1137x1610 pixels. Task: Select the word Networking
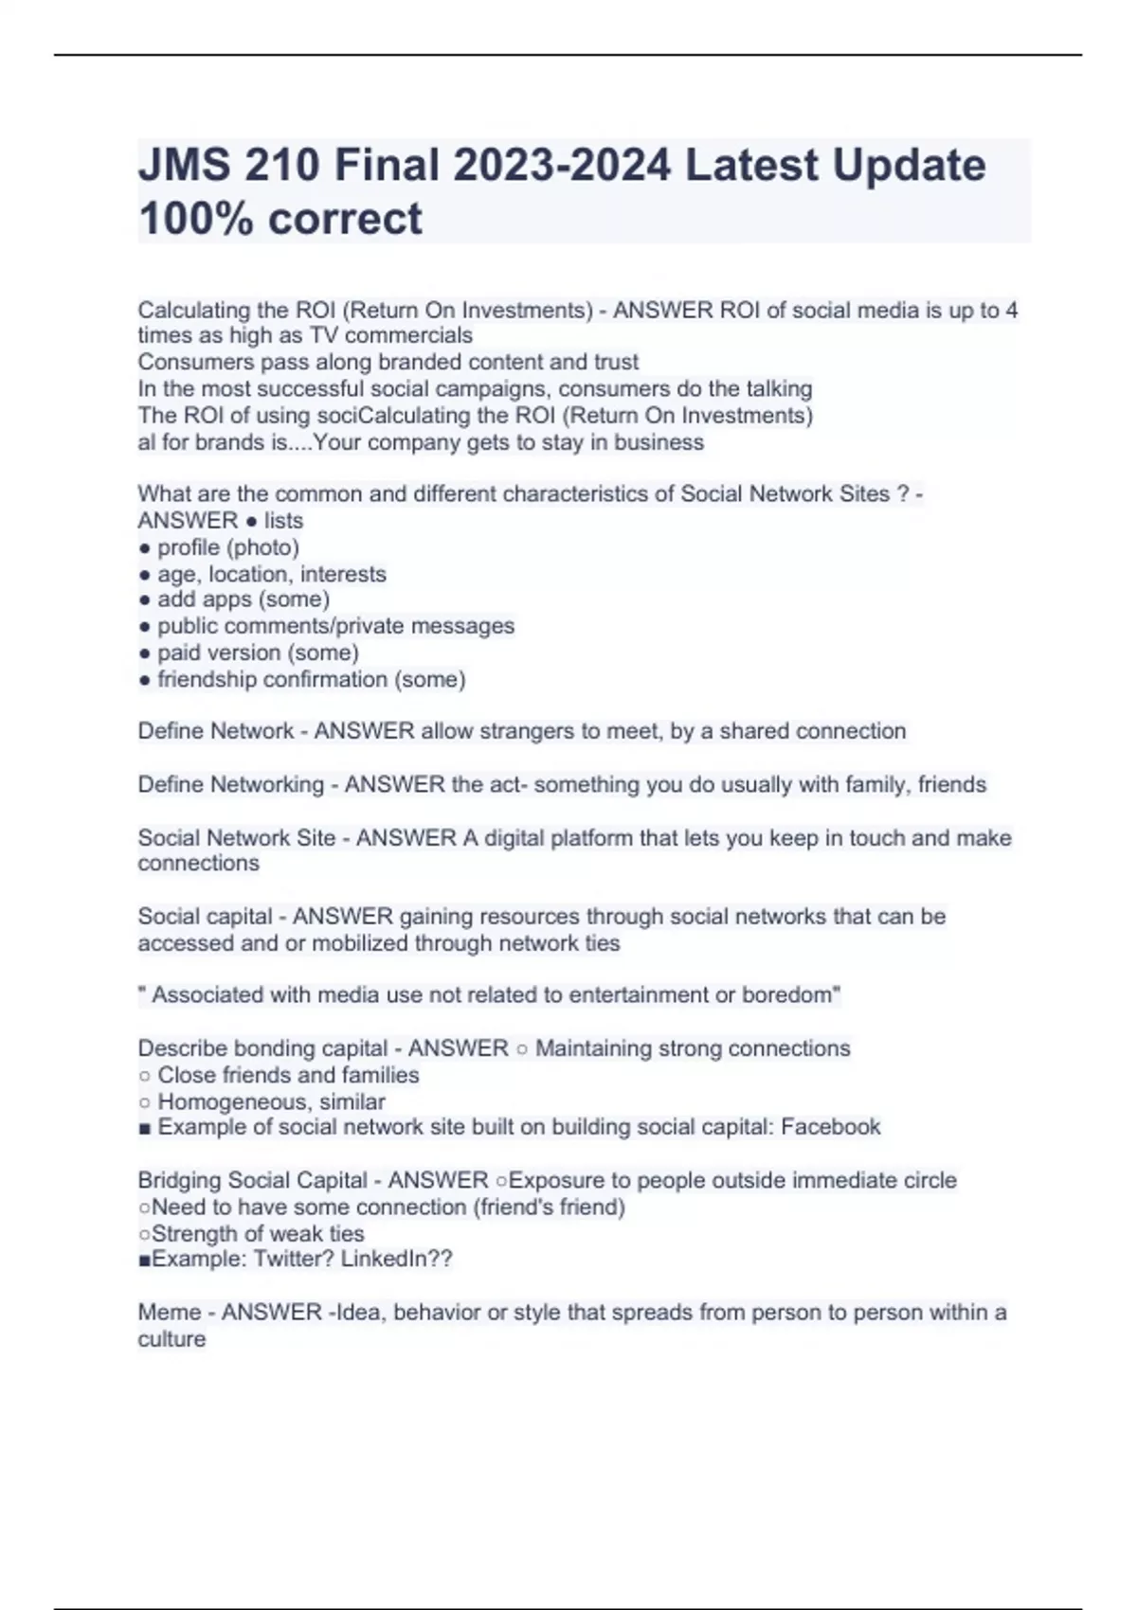pos(266,784)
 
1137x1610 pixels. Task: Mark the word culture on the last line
pos(171,1339)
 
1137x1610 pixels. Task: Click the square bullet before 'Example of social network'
pos(144,1128)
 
